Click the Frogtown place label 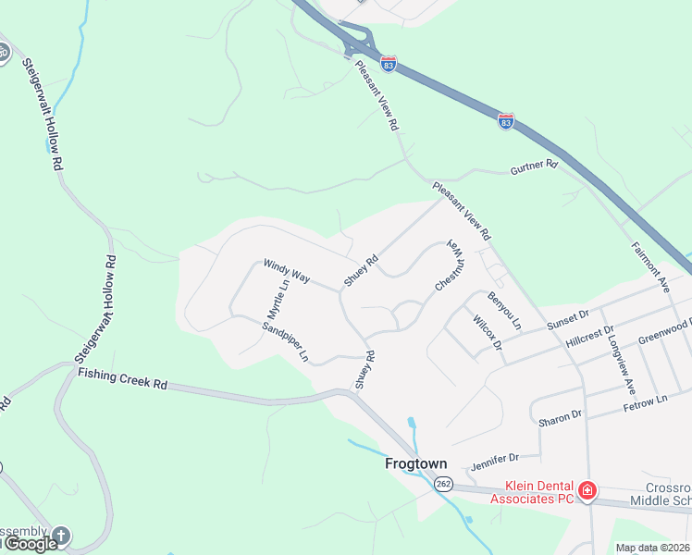(x=415, y=464)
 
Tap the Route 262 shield (x=443, y=484)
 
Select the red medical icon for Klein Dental (x=585, y=490)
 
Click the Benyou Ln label (x=504, y=311)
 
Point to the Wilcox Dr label (x=487, y=332)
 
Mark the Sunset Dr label (x=567, y=320)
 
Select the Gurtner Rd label (x=535, y=166)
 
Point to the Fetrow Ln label (x=645, y=401)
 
